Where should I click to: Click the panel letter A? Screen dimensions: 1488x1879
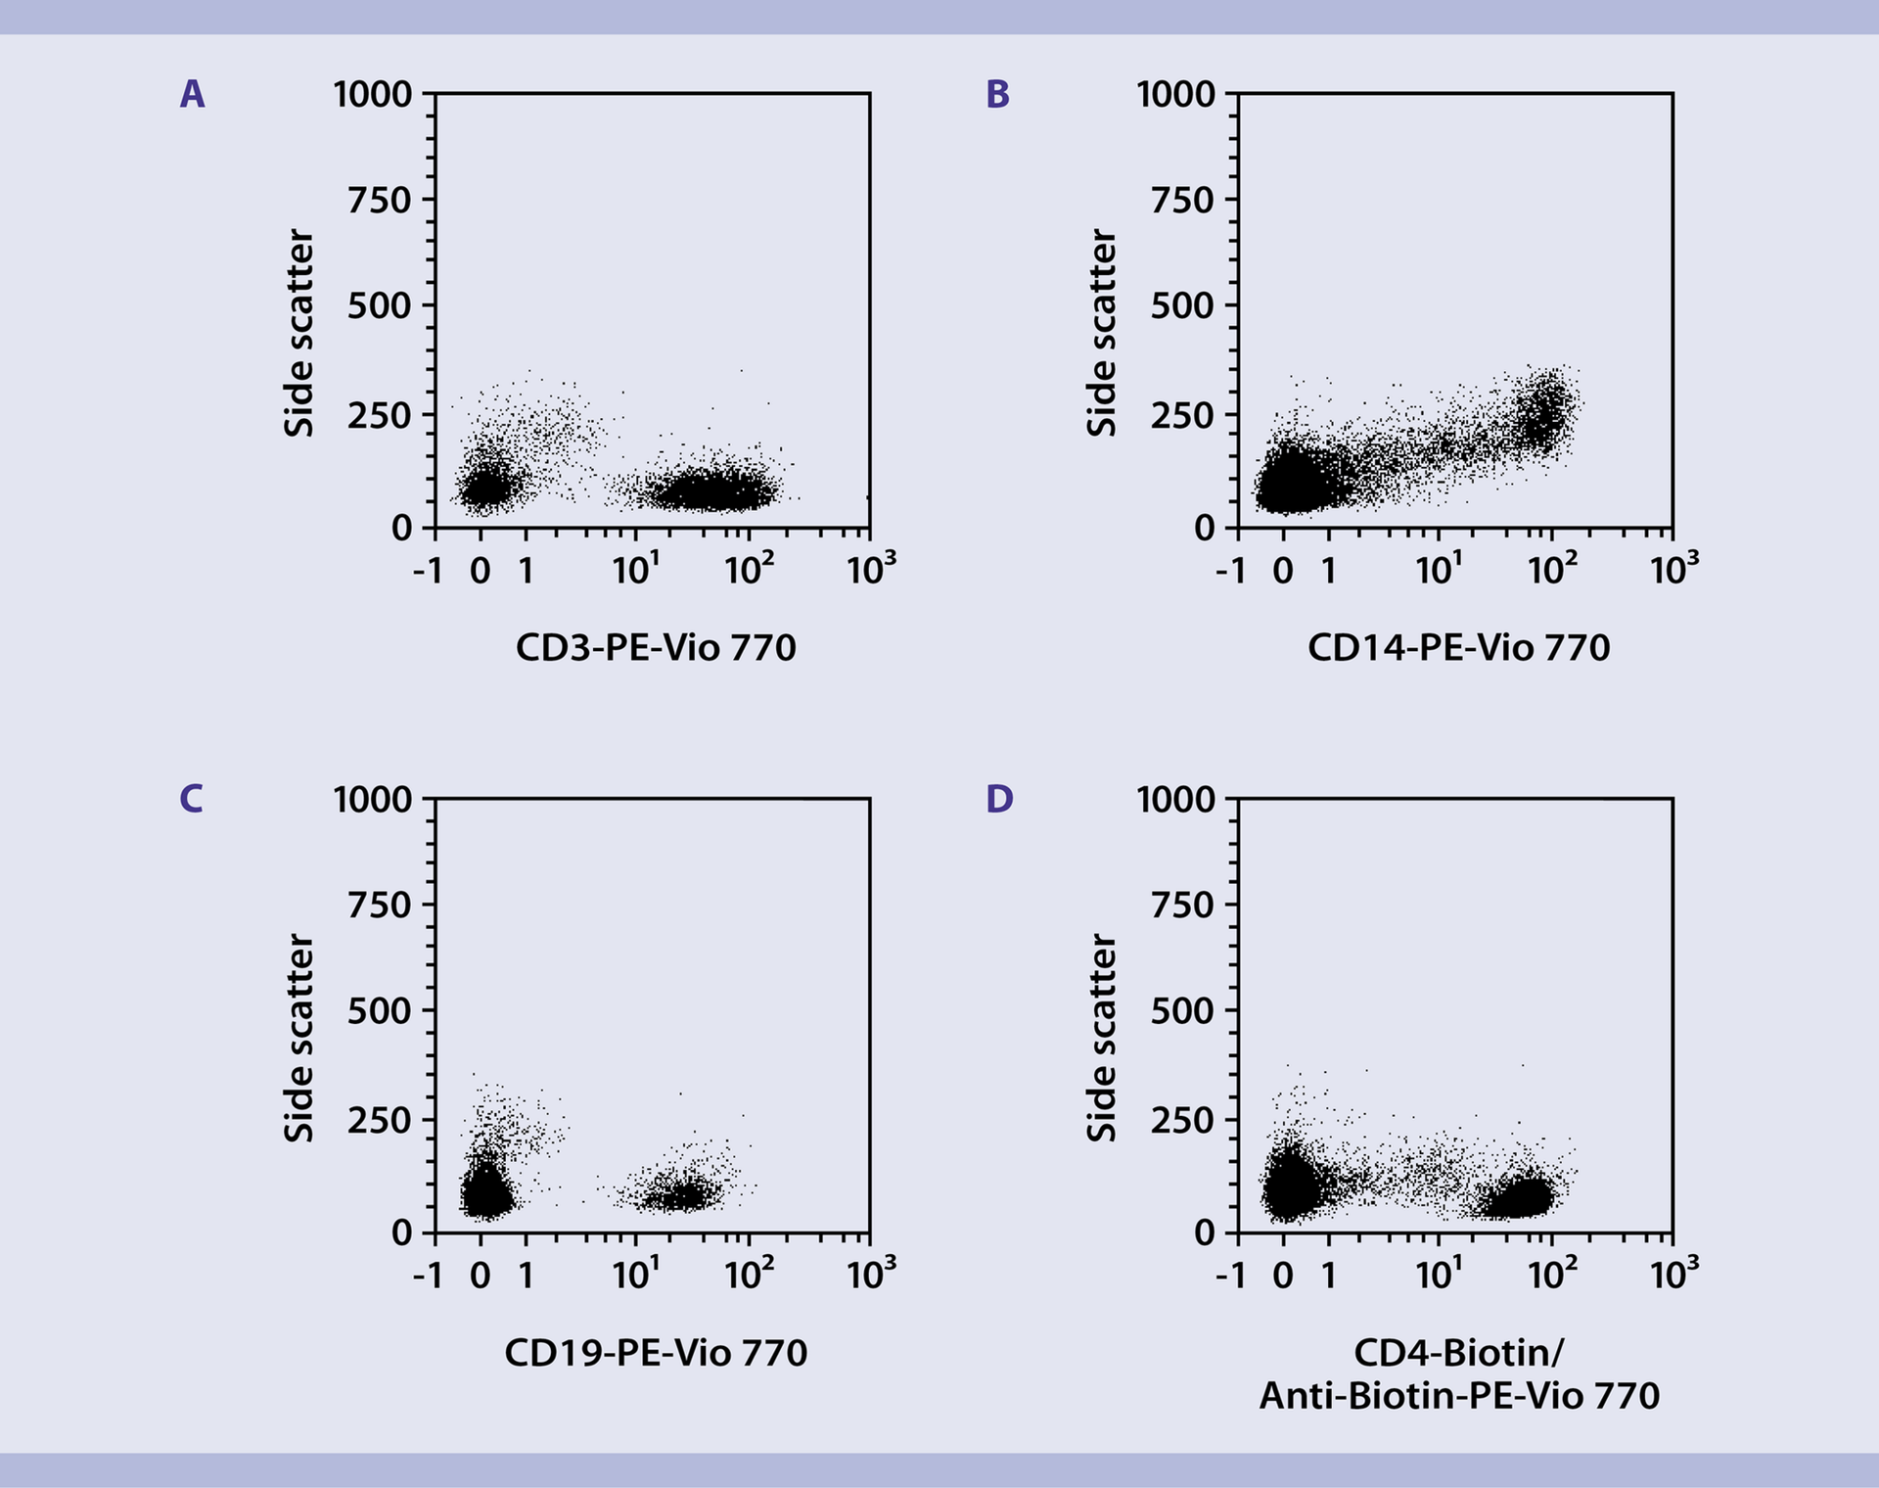(x=193, y=94)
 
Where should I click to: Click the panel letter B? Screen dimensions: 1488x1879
(x=997, y=94)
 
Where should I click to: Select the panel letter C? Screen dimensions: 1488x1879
(x=192, y=799)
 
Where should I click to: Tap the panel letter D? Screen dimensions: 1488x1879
(x=999, y=799)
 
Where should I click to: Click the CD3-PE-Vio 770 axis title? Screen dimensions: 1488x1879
(x=656, y=648)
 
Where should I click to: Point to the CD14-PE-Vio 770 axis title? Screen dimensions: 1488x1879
(x=1458, y=648)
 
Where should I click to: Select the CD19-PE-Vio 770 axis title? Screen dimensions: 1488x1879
(x=656, y=1353)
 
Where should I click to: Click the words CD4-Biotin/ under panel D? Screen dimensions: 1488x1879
(x=1458, y=1353)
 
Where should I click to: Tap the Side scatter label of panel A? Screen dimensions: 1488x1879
(x=299, y=333)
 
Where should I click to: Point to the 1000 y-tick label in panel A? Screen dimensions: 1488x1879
(x=373, y=95)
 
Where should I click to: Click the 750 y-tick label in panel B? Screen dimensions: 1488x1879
(x=1181, y=201)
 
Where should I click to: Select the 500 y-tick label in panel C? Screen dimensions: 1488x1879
(x=380, y=1011)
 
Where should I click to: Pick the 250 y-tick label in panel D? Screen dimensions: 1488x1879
(x=1181, y=1121)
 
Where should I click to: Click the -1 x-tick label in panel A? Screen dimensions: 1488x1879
(x=428, y=570)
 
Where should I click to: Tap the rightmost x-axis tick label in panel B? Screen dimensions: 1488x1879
(x=1673, y=568)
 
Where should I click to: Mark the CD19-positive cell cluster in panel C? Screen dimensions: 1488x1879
(x=680, y=1194)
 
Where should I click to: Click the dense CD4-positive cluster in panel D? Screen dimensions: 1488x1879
(x=1517, y=1197)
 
